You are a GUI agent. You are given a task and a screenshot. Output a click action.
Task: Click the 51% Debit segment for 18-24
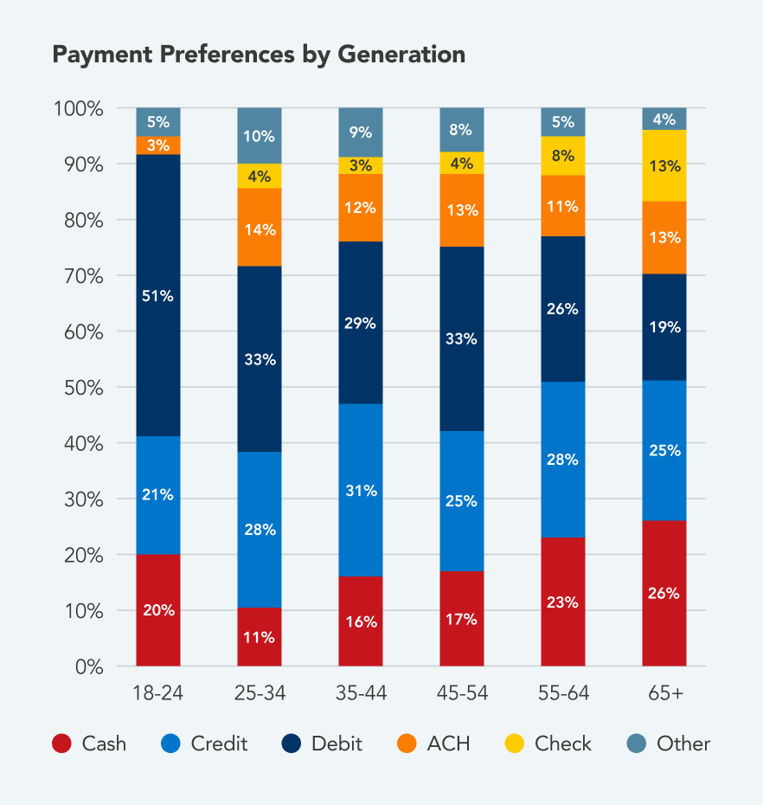click(x=158, y=295)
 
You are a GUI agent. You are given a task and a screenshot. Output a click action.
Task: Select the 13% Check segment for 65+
click(x=664, y=165)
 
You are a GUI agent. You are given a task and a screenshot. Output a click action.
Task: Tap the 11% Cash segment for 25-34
click(x=260, y=636)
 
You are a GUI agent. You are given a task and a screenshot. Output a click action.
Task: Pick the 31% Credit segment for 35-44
click(x=361, y=490)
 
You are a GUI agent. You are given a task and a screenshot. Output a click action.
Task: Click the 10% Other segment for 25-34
click(x=260, y=136)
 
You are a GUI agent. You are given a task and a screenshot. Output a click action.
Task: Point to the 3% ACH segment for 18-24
click(x=158, y=145)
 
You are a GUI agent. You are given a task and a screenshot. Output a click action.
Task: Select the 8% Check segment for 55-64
click(x=563, y=156)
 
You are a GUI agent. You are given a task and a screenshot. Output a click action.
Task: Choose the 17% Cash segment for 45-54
click(x=462, y=618)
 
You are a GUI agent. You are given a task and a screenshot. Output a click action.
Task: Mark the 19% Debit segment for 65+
click(x=664, y=327)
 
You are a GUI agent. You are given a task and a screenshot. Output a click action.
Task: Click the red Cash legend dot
click(x=61, y=744)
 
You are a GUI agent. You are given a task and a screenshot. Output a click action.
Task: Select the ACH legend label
click(x=448, y=744)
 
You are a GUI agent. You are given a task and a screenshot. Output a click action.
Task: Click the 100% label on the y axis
click(x=79, y=109)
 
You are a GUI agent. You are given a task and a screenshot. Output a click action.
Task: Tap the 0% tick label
click(x=88, y=667)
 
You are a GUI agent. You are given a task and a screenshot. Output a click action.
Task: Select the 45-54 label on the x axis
click(x=462, y=692)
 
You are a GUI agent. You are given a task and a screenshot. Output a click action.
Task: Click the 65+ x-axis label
click(x=664, y=692)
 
